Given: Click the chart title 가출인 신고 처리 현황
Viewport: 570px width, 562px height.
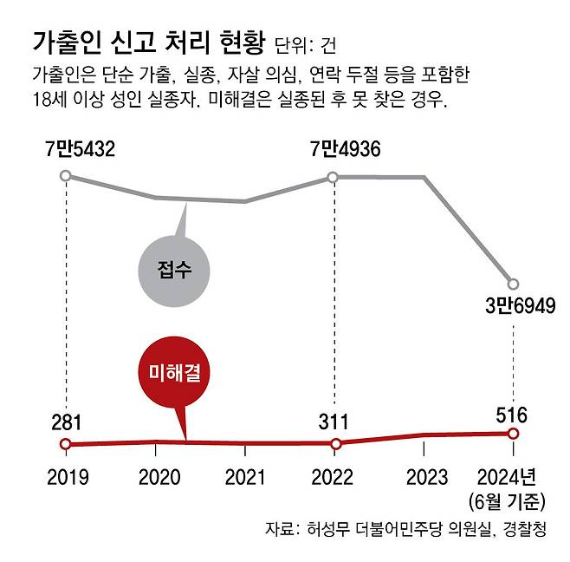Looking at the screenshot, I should pos(147,42).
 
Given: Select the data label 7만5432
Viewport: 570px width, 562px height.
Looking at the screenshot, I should pos(81,150).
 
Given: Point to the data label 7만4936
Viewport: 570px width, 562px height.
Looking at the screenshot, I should pos(346,150).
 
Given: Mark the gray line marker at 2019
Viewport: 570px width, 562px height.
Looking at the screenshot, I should pos(66,176).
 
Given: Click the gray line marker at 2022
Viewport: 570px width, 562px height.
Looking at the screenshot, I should pos(334,177).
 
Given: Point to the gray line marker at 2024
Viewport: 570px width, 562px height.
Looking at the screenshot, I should pos(513,284).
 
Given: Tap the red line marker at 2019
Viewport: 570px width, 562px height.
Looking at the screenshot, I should pos(66,444).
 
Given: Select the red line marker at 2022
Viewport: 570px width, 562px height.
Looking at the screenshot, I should pos(334,443).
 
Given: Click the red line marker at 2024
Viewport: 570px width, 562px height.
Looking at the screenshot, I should pos(513,434).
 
